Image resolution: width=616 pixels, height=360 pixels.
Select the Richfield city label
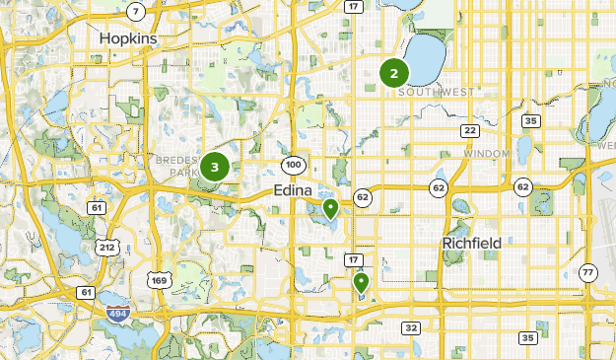tap(470, 243)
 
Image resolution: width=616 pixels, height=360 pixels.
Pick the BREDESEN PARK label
tap(177, 164)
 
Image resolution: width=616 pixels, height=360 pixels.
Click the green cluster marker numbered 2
tap(394, 72)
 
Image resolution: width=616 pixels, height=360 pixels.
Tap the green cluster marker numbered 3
tap(215, 167)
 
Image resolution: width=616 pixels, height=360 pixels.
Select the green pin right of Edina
tap(330, 208)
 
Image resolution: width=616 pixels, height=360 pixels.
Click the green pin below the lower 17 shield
tap(361, 283)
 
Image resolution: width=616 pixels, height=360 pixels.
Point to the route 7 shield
tap(136, 11)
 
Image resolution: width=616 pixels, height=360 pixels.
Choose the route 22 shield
tap(470, 130)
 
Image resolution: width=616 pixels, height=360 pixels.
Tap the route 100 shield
tap(293, 164)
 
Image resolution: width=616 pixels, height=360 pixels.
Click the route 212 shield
tap(105, 246)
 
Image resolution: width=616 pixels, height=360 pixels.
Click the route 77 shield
tap(588, 272)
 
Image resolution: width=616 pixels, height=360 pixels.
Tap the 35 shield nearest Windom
tap(531, 121)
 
